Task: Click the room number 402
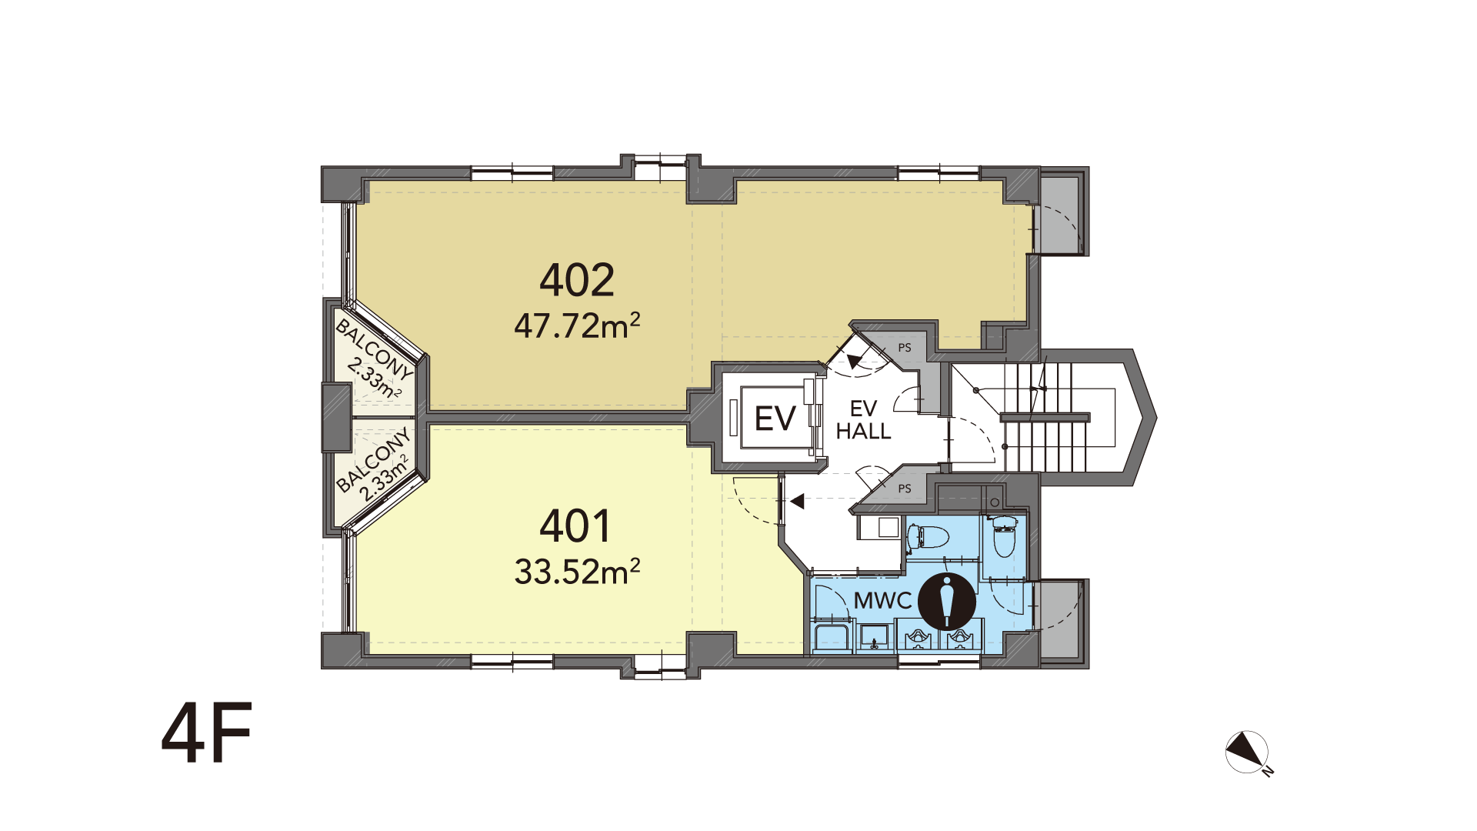[577, 280]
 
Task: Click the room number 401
[575, 526]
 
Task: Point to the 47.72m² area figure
[577, 326]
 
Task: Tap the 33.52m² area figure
[577, 572]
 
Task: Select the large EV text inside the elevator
[775, 419]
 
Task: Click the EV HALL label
[863, 420]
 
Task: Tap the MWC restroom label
[882, 601]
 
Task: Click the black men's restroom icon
[947, 601]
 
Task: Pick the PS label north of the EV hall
[905, 348]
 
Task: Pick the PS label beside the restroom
[905, 489]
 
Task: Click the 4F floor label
[206, 733]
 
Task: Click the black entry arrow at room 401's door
[797, 502]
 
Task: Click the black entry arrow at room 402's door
[855, 359]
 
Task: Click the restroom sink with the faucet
[874, 638]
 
